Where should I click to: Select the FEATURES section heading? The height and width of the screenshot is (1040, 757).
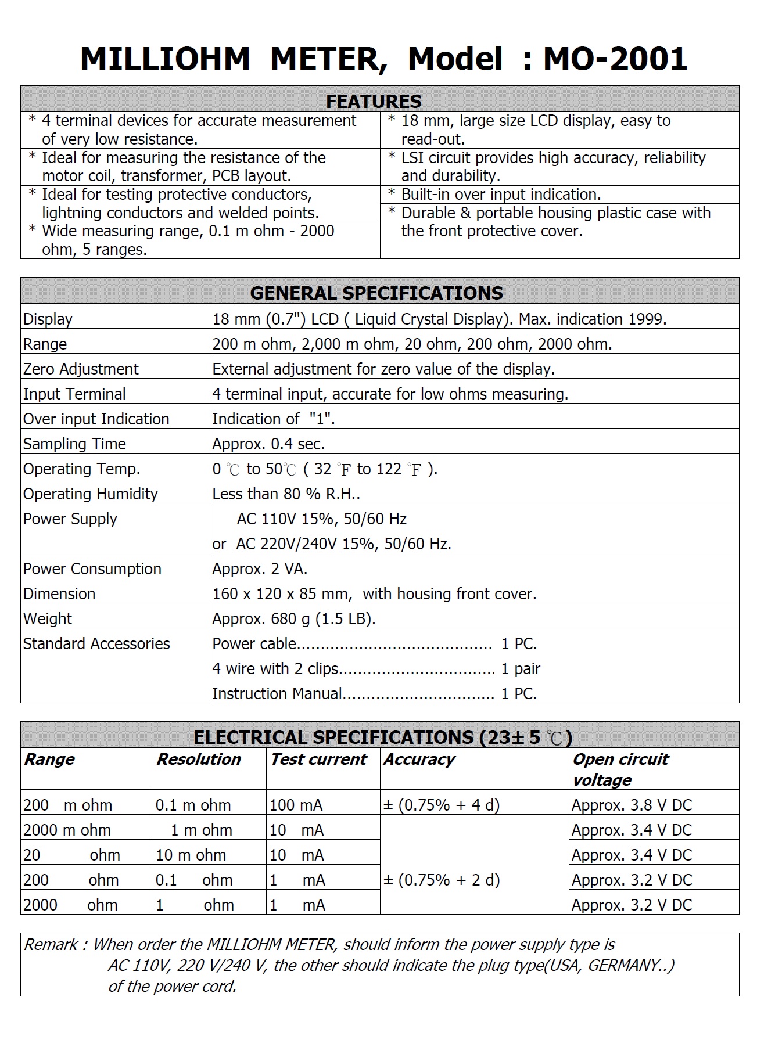(x=374, y=101)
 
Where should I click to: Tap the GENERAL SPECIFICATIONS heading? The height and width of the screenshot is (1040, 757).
(x=376, y=293)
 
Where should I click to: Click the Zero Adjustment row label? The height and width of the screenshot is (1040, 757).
(x=81, y=369)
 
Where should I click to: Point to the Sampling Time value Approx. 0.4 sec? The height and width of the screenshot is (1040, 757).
(x=268, y=444)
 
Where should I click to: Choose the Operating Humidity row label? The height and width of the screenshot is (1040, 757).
(x=90, y=494)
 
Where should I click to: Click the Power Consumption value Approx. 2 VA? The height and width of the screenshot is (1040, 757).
(x=260, y=569)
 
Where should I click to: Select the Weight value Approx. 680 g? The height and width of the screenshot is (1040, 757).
(x=294, y=619)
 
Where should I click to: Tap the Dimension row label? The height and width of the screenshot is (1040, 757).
(x=59, y=594)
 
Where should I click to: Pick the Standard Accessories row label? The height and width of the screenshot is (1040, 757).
(x=96, y=644)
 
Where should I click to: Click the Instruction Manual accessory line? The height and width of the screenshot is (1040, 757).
(x=374, y=694)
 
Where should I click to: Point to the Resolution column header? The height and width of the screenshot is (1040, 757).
(x=199, y=760)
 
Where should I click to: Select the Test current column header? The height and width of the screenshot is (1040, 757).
(x=318, y=760)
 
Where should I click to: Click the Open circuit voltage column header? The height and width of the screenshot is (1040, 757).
(x=620, y=769)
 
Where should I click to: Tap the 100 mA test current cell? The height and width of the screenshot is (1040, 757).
(x=296, y=805)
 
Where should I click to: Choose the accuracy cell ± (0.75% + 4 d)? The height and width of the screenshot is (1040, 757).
(x=442, y=805)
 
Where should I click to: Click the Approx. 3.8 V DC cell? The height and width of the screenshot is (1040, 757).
(x=632, y=805)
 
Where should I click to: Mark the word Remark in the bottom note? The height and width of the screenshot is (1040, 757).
(x=50, y=945)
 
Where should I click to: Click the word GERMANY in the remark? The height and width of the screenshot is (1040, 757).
(x=626, y=966)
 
